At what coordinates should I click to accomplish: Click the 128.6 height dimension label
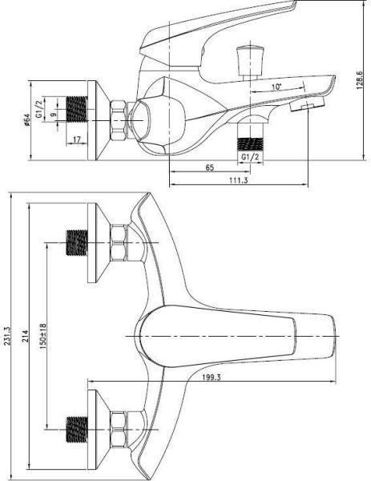pyautogui.click(x=359, y=80)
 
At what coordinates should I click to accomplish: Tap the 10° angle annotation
pyautogui.click(x=276, y=87)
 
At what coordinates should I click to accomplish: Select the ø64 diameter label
pyautogui.click(x=26, y=120)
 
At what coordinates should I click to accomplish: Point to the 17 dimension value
pyautogui.click(x=77, y=139)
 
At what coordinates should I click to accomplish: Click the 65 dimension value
pyautogui.click(x=210, y=168)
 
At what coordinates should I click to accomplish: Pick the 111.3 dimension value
pyautogui.click(x=238, y=180)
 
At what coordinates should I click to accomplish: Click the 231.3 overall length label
pyautogui.click(x=7, y=336)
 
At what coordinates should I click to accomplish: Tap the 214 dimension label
pyautogui.click(x=25, y=336)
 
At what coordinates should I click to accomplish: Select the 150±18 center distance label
pyautogui.click(x=42, y=336)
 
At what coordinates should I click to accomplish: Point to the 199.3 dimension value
pyautogui.click(x=212, y=378)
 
